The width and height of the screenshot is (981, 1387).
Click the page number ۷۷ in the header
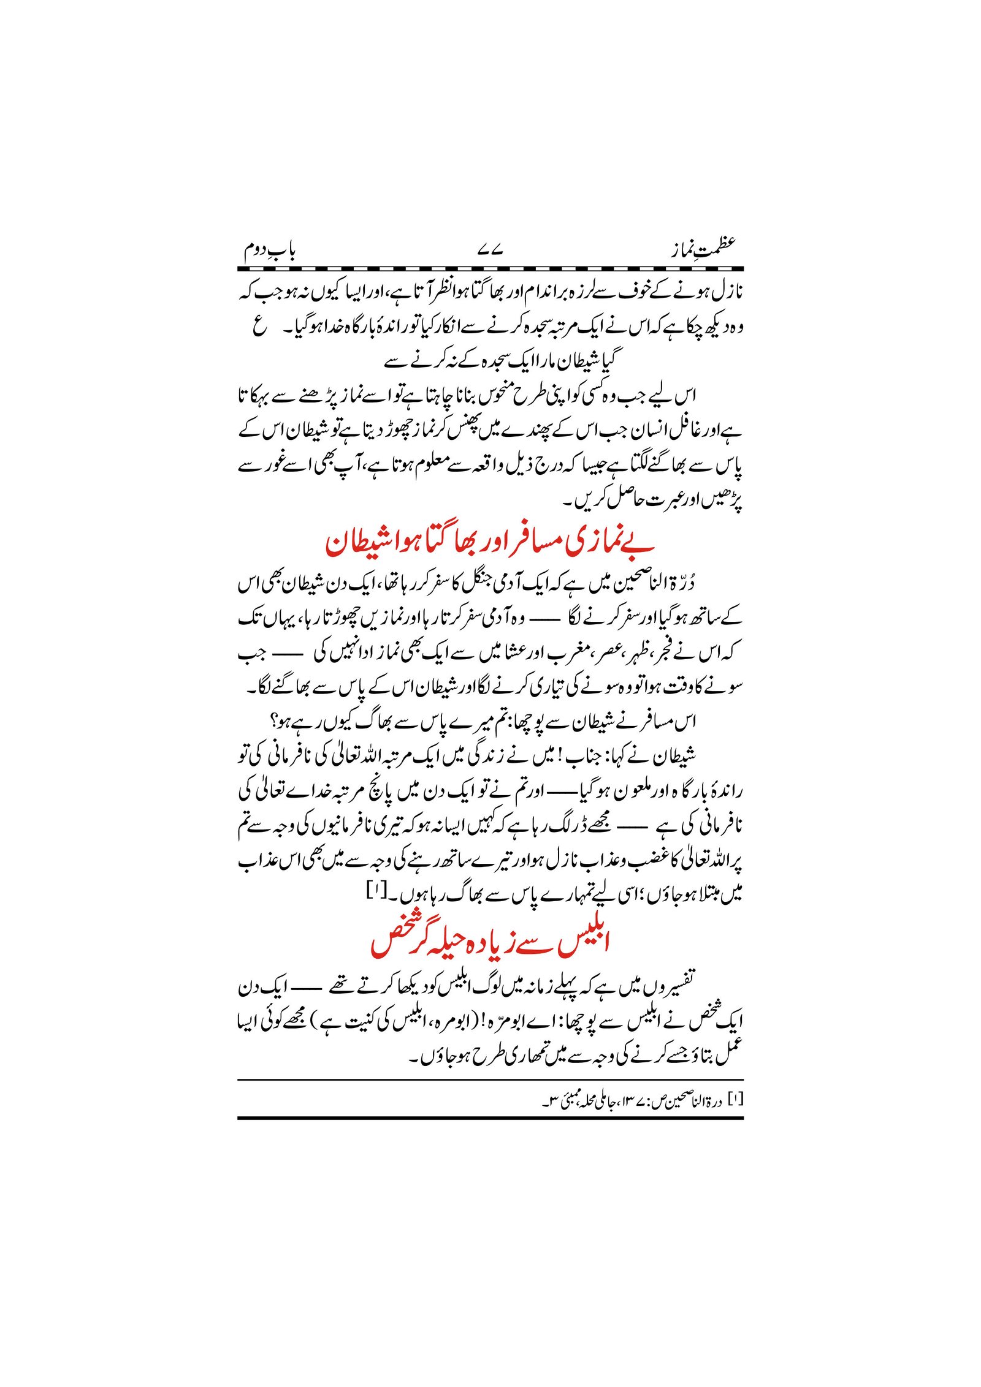click(490, 251)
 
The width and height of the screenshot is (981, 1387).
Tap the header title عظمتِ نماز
click(701, 249)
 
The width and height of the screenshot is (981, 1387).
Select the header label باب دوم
click(270, 251)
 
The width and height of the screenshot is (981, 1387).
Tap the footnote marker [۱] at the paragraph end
click(375, 888)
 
